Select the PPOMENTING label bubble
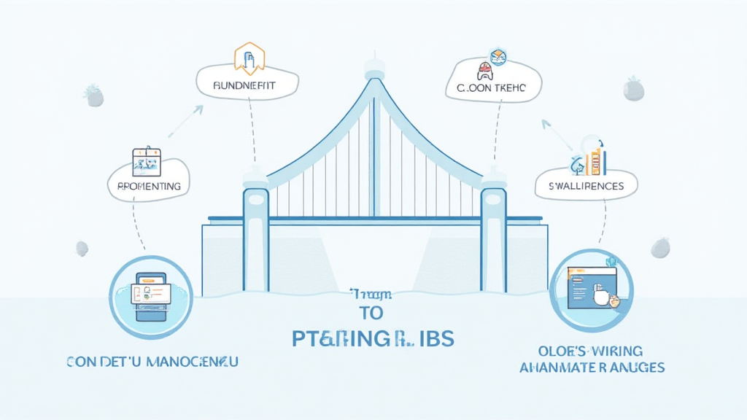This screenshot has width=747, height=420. (148, 186)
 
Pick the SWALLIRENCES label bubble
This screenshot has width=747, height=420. (586, 186)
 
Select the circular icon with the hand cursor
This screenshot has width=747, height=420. (591, 289)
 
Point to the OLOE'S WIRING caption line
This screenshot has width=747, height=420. (592, 350)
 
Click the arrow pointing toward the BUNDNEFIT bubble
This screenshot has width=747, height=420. (186, 120)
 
